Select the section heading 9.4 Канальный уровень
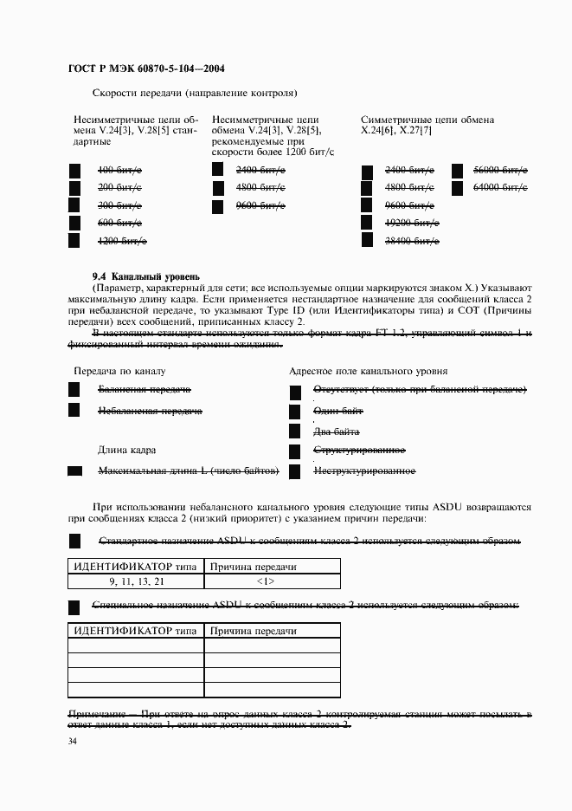[x=145, y=275]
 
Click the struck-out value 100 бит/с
[x=119, y=170]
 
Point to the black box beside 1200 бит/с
[x=74, y=241]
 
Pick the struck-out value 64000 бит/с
[x=500, y=187]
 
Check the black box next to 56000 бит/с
[x=458, y=170]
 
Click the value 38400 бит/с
[x=412, y=241]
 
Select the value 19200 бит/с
[x=412, y=223]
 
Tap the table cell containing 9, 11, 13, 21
[x=136, y=581]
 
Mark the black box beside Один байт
[x=294, y=412]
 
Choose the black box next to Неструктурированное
[x=294, y=471]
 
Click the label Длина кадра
[x=126, y=451]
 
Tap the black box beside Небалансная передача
[x=74, y=411]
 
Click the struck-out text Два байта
[x=337, y=431]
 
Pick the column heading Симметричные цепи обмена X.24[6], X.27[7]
[x=427, y=126]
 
